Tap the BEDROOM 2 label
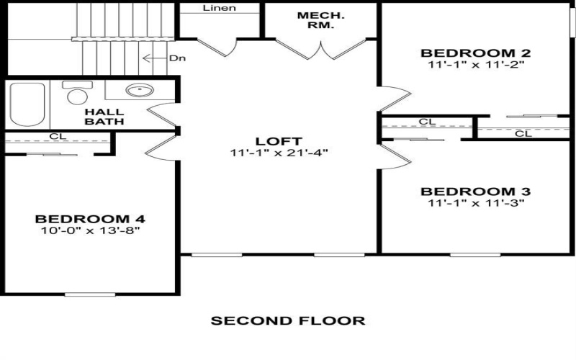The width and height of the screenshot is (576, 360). click(476, 53)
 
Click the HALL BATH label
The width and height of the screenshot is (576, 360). click(104, 117)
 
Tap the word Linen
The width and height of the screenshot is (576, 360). click(220, 9)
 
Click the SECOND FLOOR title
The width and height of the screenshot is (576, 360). click(287, 320)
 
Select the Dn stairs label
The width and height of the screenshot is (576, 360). click(177, 58)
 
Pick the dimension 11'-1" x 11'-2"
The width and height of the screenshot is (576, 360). click(476, 64)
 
